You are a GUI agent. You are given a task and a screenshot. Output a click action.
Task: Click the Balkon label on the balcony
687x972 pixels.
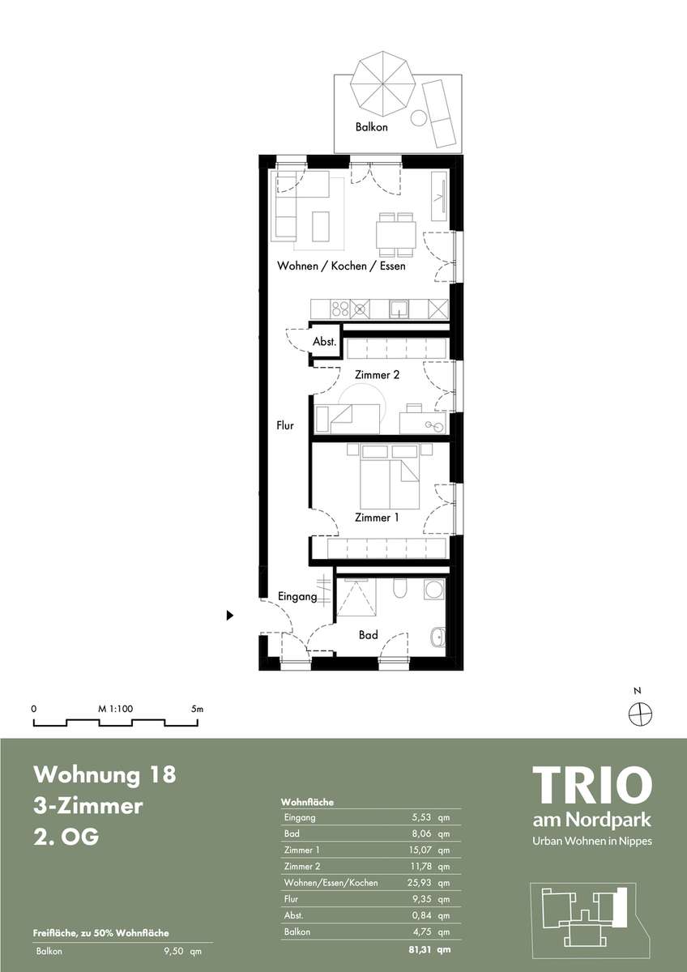pyautogui.click(x=371, y=127)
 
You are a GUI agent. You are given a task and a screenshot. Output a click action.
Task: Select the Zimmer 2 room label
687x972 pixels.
pyautogui.click(x=377, y=374)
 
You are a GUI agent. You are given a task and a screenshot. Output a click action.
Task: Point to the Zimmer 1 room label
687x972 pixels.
pyautogui.click(x=376, y=518)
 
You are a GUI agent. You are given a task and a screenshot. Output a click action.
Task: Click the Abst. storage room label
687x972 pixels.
pyautogui.click(x=325, y=342)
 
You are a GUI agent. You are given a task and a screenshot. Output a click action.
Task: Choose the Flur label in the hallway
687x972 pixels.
pyautogui.click(x=285, y=426)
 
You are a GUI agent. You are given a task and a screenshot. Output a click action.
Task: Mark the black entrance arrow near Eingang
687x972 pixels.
pyautogui.click(x=230, y=615)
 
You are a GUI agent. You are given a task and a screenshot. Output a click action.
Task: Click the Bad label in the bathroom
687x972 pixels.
pyautogui.click(x=368, y=635)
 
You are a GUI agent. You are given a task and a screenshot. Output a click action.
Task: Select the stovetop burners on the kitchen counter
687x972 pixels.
pyautogui.click(x=339, y=309)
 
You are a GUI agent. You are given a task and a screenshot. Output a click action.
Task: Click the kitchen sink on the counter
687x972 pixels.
pyautogui.click(x=399, y=309)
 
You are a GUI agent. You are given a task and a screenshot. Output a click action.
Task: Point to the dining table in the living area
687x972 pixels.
pyautogui.click(x=396, y=234)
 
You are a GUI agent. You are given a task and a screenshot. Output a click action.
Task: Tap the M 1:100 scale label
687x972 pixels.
pyautogui.click(x=115, y=709)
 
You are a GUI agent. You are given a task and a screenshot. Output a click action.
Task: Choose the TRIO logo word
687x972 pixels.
pyautogui.click(x=592, y=785)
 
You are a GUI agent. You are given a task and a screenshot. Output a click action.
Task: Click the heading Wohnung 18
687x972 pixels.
pyautogui.click(x=105, y=774)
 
